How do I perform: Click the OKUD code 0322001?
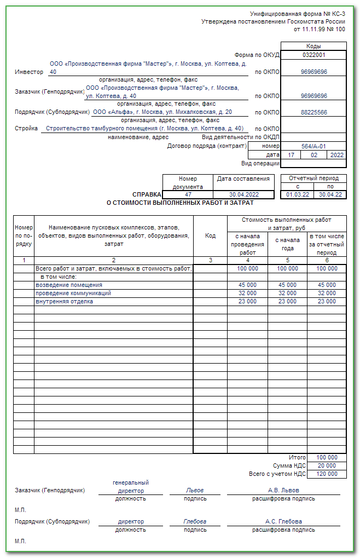[313, 55]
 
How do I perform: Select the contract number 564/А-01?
[313, 146]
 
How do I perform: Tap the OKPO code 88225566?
[313, 112]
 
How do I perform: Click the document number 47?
[188, 194]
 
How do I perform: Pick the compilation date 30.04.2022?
[243, 194]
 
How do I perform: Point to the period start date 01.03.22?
[297, 194]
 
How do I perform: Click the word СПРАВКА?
[147, 194]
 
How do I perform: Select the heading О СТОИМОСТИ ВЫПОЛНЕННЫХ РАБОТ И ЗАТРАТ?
[180, 203]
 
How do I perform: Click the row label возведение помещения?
[69, 285]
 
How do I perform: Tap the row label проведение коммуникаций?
[73, 293]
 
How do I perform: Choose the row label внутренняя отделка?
[64, 301]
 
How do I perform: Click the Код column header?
[210, 235]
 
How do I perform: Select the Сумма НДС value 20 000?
[327, 465]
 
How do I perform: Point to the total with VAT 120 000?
[327, 474]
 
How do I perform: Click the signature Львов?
[195, 490]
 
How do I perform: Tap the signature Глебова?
[195, 521]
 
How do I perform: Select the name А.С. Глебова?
[283, 521]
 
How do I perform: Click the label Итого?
[297, 457]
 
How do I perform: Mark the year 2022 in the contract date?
[336, 155]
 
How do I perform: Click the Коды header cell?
[313, 47]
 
